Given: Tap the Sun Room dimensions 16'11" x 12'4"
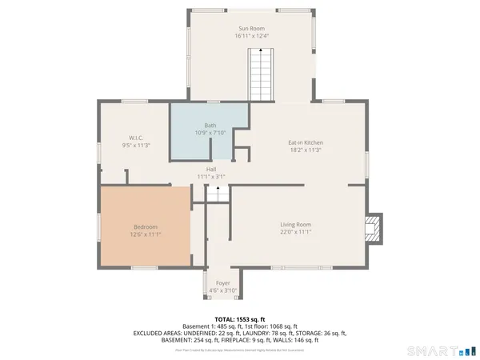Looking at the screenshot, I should [251, 36].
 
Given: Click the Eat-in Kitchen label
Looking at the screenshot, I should [306, 142].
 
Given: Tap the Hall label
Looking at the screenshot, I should [211, 169].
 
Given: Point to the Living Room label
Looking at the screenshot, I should [295, 224].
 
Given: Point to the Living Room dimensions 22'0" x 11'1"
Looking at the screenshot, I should [295, 232].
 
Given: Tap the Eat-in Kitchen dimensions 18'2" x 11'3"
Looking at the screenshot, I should [306, 150].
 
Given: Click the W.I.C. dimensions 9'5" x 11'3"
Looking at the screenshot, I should [135, 145].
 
